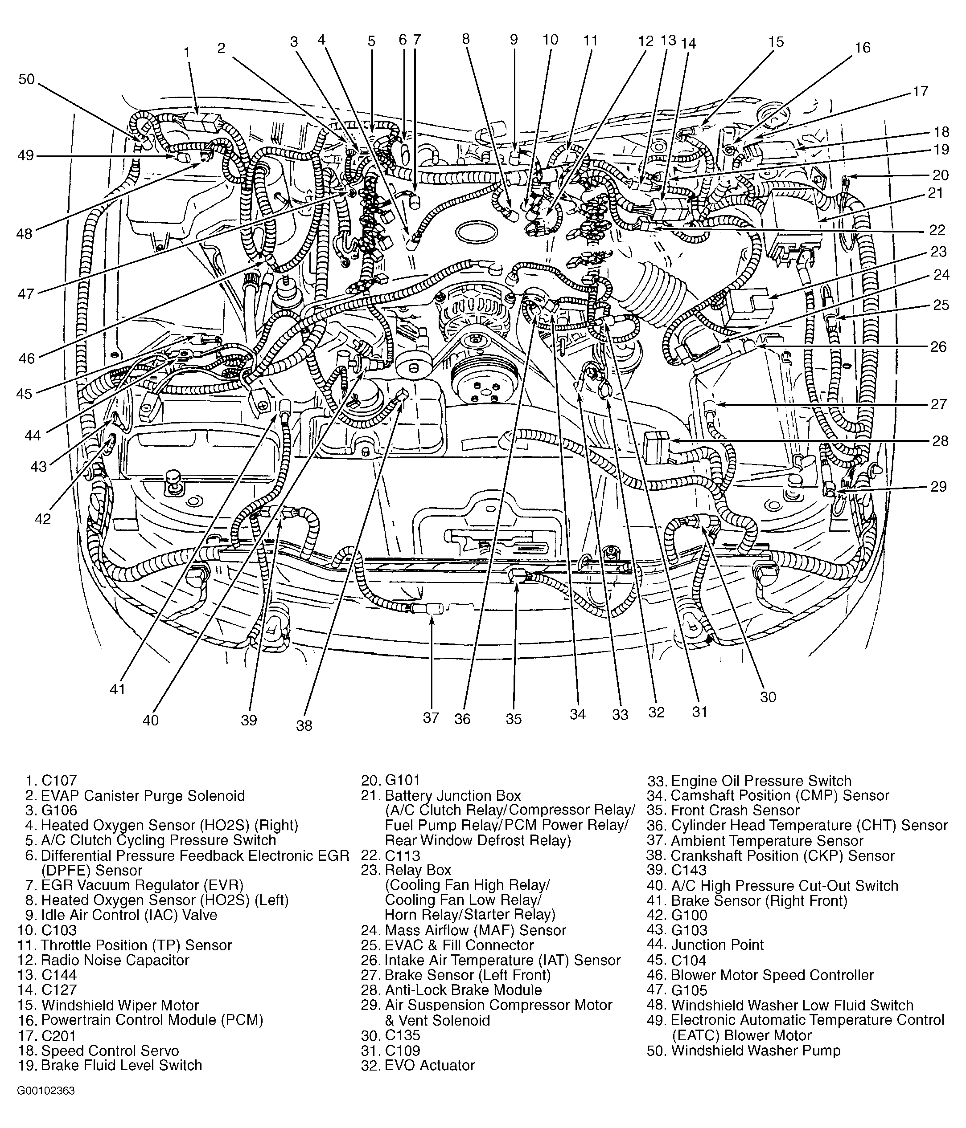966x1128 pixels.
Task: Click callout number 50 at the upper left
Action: tap(26, 80)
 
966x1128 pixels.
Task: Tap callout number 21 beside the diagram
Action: tap(935, 193)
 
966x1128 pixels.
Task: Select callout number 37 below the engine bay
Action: tap(431, 717)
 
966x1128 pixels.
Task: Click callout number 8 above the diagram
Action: tap(465, 39)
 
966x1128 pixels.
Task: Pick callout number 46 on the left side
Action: tap(26, 358)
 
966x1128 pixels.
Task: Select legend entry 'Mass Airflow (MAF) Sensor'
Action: tap(475, 930)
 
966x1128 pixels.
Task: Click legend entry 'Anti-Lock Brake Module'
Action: tap(463, 990)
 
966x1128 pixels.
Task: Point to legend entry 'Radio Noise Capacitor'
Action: tap(115, 960)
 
